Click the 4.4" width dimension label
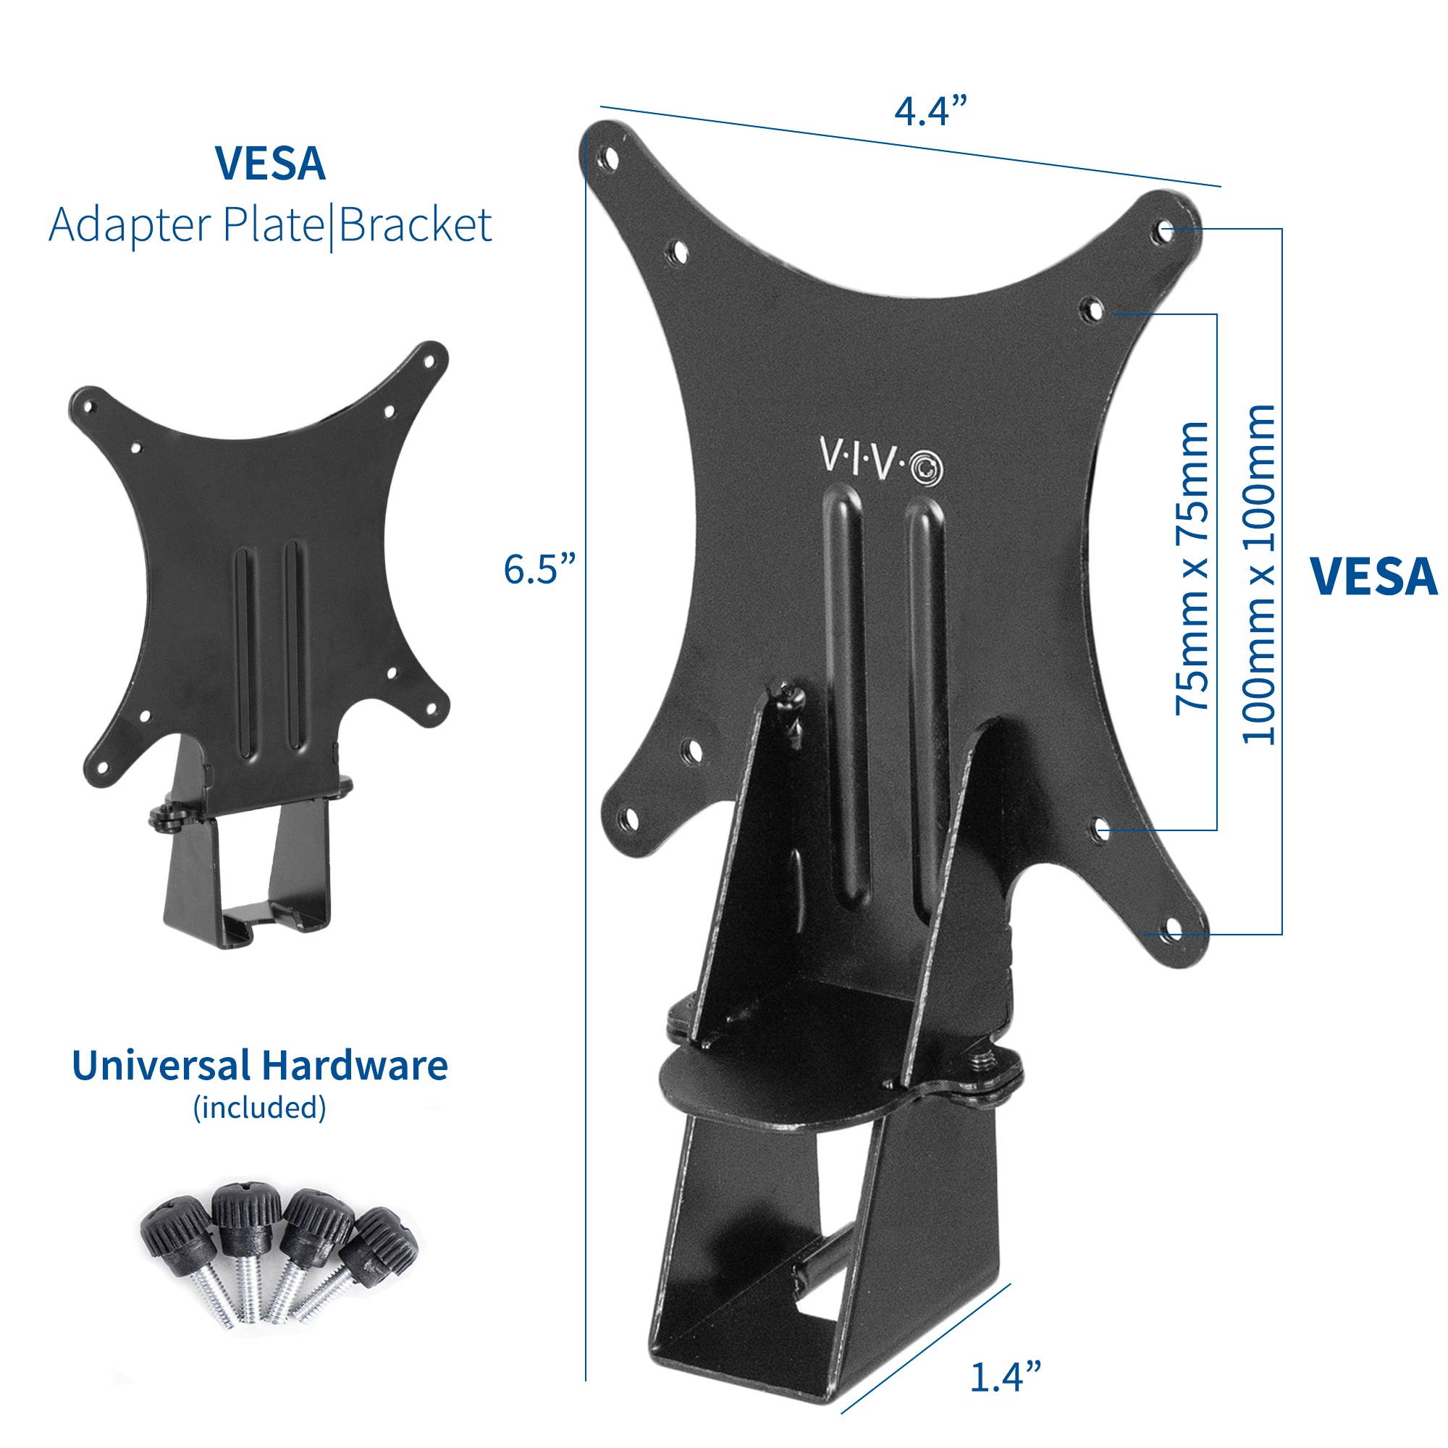point(932,112)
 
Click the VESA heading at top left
point(271,165)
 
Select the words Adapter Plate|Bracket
point(271,225)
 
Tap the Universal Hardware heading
point(260,1066)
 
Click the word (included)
point(260,1107)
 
